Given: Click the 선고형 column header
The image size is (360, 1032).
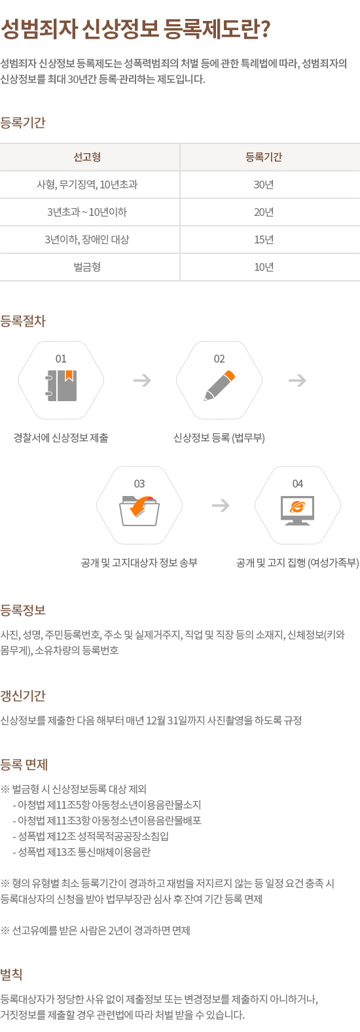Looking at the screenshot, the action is coord(87,157).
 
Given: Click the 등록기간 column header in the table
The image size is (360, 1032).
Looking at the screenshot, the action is coord(264,157).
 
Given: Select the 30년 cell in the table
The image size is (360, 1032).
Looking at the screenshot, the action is coord(264,185).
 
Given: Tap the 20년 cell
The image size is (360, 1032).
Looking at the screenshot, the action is coord(264,212).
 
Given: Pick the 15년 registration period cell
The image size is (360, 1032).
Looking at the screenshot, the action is coord(264,240).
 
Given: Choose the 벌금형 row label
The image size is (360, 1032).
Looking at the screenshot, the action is coord(87,267).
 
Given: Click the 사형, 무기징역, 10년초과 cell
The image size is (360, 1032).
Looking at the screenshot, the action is coord(87,185).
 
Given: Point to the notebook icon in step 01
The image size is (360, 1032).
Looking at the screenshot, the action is coord(61,385).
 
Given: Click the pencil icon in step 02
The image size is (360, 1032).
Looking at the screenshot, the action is coord(219,385).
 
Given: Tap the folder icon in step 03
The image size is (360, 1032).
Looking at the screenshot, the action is coord(139,510).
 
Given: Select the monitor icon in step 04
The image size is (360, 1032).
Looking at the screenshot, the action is coord(298,510).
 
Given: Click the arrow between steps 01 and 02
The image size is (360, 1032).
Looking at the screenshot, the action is coord(142,381).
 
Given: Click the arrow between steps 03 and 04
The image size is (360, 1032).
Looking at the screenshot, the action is coord(221,505).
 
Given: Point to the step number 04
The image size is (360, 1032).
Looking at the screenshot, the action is coord(298,484).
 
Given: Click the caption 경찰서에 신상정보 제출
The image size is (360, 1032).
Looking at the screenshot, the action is coord(61,438).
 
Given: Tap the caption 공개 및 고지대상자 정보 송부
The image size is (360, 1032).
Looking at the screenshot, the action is coord(139,563).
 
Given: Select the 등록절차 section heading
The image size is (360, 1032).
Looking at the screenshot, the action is coord(23,321).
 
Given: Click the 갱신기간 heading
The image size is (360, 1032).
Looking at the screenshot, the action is coord(23,695).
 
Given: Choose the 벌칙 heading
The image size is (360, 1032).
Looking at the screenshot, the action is coord(12,974).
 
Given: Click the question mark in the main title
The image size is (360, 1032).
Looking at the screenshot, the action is coord(265,29).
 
